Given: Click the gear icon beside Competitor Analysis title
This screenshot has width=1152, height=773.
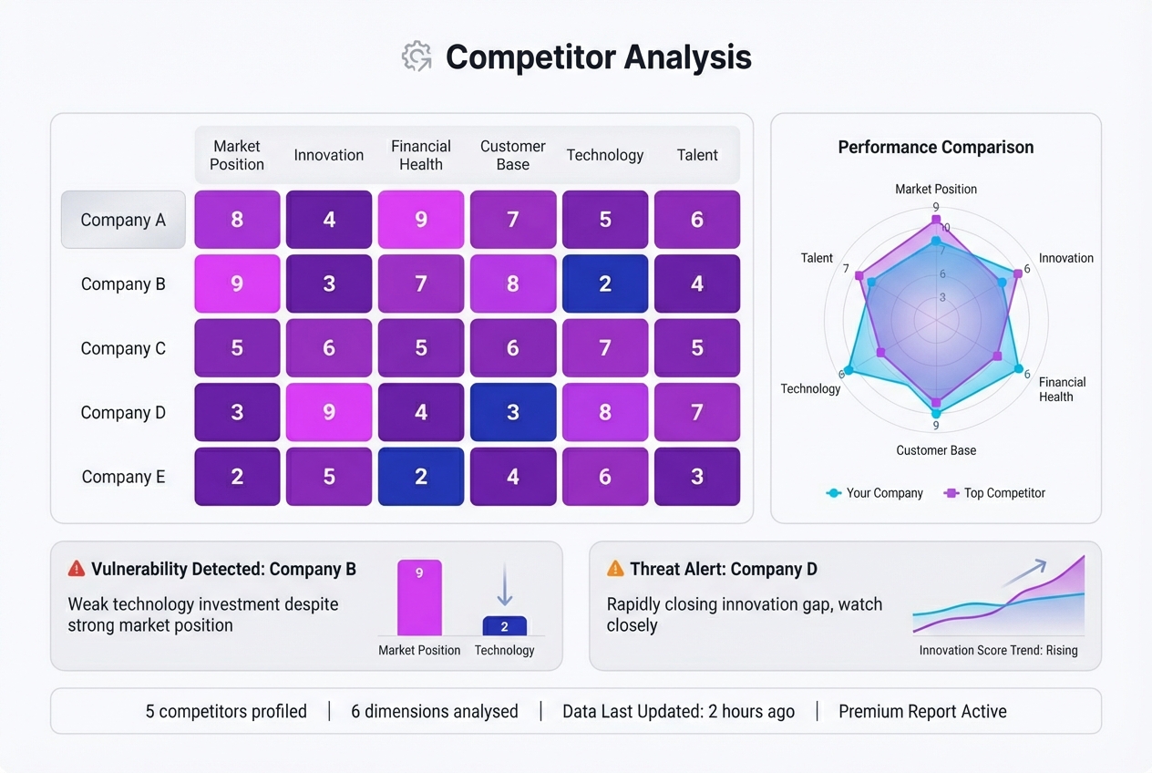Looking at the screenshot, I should click(417, 57).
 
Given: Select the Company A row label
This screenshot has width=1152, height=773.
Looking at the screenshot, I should click(123, 220).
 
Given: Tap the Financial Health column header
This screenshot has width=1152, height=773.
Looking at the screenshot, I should click(421, 155).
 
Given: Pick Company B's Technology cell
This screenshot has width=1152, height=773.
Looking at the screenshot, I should click(605, 283).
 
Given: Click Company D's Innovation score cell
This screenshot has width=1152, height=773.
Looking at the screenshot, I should click(329, 412).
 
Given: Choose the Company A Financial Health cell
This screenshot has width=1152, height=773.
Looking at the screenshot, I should click(421, 220).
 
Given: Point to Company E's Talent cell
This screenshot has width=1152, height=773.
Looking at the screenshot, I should click(697, 477).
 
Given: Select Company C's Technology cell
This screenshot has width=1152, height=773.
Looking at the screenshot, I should click(605, 348).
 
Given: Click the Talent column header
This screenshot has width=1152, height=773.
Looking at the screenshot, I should click(697, 155).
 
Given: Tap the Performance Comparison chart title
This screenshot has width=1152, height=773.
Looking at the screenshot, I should click(936, 148).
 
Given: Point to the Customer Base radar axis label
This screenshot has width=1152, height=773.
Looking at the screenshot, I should click(936, 450).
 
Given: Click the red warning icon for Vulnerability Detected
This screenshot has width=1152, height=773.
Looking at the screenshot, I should click(77, 569).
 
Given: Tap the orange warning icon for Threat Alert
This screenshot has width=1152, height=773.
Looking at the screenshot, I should click(615, 569).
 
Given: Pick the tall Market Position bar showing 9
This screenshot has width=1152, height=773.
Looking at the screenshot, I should click(419, 598).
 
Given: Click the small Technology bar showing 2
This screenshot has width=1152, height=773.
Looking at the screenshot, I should click(504, 626).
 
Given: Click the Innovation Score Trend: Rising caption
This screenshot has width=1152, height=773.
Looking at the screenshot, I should click(998, 650).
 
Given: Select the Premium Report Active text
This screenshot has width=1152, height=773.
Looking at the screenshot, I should click(922, 712).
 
